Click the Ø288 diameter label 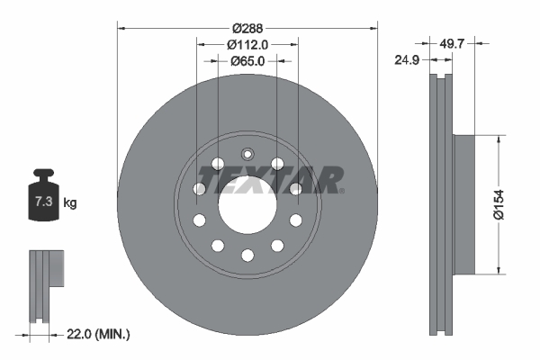pyautogui.click(x=247, y=27)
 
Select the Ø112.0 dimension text pyautogui.click(x=247, y=44)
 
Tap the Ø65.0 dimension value pyautogui.click(x=247, y=61)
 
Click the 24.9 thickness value pyautogui.click(x=409, y=62)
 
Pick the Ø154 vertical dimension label pyautogui.click(x=510, y=204)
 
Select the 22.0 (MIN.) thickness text pyautogui.click(x=99, y=335)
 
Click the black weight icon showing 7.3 pyautogui.click(x=42, y=200)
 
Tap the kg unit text pyautogui.click(x=70, y=203)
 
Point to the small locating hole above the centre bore pyautogui.click(x=247, y=153)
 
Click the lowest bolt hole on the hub pyautogui.click(x=247, y=256)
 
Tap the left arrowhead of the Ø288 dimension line pyautogui.click(x=121, y=27)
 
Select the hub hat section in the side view pyautogui.click(x=461, y=204)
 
